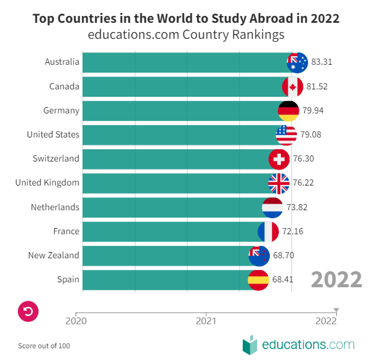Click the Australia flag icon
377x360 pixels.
pyautogui.click(x=298, y=62)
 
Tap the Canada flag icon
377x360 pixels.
pyautogui.click(x=293, y=86)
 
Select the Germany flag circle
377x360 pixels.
pyautogui.click(x=289, y=110)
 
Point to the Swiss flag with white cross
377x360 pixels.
pyautogui.click(x=279, y=159)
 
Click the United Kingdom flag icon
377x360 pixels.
pyautogui.click(x=279, y=183)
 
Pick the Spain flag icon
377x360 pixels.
pyautogui.click(x=258, y=280)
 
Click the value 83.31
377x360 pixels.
pyautogui.click(x=322, y=62)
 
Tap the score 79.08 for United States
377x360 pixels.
pyautogui.click(x=311, y=134)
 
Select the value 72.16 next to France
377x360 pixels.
pyautogui.click(x=293, y=232)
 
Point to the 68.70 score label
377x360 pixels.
pyautogui.click(x=284, y=256)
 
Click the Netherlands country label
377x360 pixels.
pyautogui.click(x=55, y=207)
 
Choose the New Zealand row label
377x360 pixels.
pyautogui.click(x=54, y=255)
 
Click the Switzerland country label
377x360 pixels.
pyautogui.click(x=56, y=158)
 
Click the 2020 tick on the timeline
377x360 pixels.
pyautogui.click(x=76, y=321)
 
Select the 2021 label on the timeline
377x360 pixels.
pyautogui.click(x=206, y=321)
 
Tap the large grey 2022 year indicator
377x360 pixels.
pyautogui.click(x=336, y=280)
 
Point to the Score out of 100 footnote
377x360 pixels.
pyautogui.click(x=44, y=346)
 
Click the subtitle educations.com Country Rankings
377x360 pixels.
pyautogui.click(x=186, y=35)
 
